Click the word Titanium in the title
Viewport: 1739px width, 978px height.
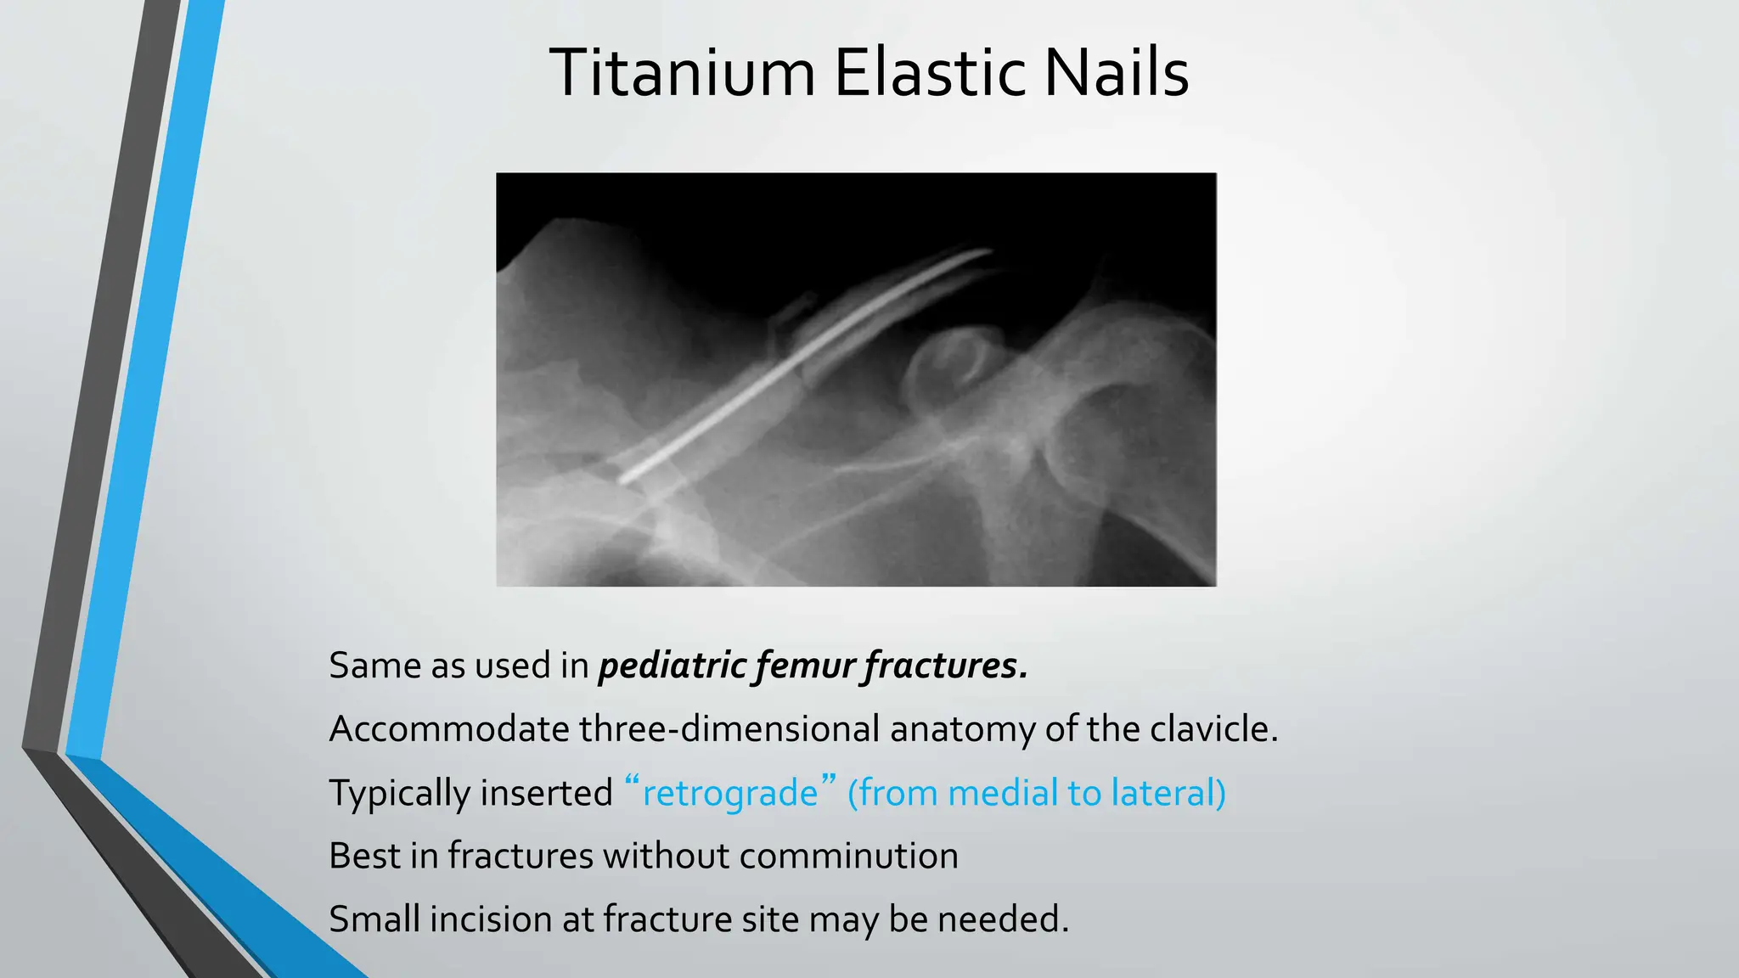tap(682, 74)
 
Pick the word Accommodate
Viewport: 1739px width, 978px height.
tap(448, 729)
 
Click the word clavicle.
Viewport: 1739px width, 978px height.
tap(1213, 729)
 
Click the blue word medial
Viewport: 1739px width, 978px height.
tap(1001, 793)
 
